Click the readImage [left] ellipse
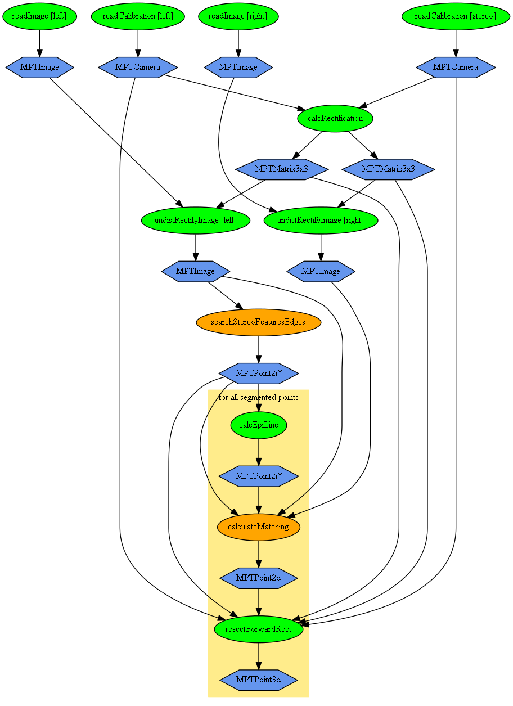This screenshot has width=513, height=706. point(39,16)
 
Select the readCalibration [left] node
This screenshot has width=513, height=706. point(138,16)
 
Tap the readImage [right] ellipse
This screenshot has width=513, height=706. point(238,16)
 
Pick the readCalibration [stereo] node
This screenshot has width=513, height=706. point(455,16)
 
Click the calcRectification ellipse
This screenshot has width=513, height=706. point(335,118)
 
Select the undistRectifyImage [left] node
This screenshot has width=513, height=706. point(195,220)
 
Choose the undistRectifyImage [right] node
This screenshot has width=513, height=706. point(321,220)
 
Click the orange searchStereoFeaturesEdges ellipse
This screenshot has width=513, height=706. point(258,322)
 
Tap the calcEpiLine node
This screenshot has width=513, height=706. point(259,425)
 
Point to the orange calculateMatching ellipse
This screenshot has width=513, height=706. point(258,527)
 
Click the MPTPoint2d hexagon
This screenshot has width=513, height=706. point(258,578)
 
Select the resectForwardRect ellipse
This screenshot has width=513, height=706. point(258,629)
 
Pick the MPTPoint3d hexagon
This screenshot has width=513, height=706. point(258,680)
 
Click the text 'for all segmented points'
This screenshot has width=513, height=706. point(258,398)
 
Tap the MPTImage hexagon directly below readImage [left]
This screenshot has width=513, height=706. point(39,67)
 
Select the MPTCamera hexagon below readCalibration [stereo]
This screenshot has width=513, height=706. point(455,67)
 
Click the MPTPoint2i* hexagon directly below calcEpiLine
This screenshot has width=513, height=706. point(258,476)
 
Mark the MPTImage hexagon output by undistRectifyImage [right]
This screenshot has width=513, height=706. point(321,271)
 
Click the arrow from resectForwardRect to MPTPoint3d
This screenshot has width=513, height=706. point(259,655)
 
